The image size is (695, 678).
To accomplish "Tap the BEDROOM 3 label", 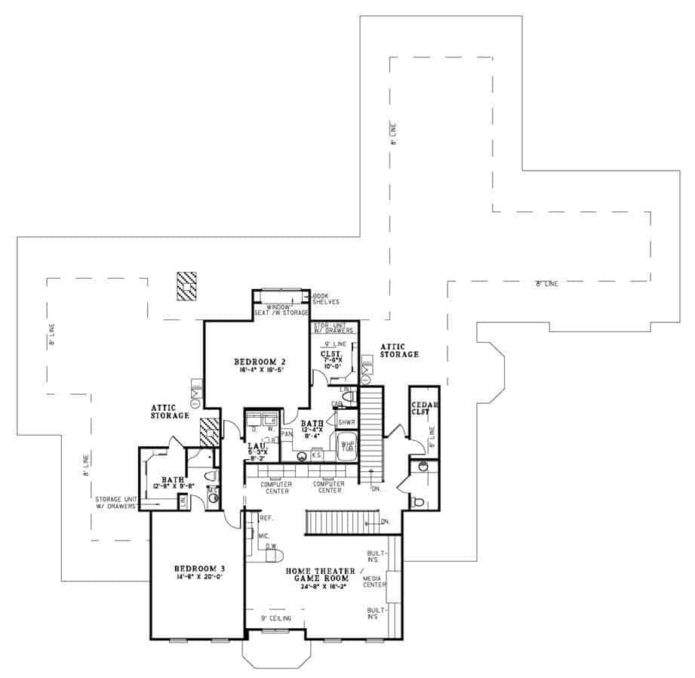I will [198, 569].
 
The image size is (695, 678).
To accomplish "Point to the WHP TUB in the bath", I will [347, 445].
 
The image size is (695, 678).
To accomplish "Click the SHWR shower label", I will [346, 422].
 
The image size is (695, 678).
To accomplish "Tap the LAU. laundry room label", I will [257, 446].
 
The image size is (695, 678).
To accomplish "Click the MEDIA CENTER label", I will [374, 581].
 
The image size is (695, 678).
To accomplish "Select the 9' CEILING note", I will [275, 619].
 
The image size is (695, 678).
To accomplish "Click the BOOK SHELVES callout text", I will [326, 299].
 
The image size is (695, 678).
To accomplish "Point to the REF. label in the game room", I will [266, 519].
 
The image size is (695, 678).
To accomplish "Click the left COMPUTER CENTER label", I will [276, 488].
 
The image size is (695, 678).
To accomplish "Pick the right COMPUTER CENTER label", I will [329, 488].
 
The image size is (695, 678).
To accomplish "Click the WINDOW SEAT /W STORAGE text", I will [281, 310].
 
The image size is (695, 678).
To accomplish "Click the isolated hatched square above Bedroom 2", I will [186, 286].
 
